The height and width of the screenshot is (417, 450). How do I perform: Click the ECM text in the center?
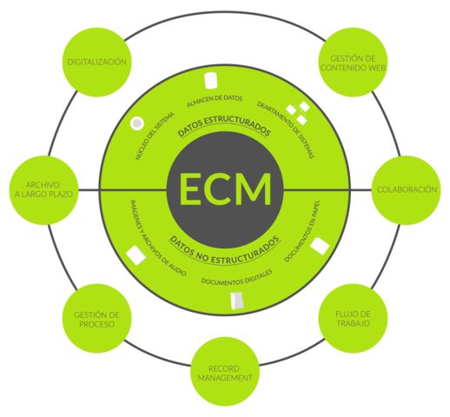pyautogui.click(x=224, y=188)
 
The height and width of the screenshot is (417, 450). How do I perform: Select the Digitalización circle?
pyautogui.click(x=97, y=63)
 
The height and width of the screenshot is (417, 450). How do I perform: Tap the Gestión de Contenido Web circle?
pyautogui.click(x=353, y=62)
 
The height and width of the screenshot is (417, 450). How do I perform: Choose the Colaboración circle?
pyautogui.click(x=406, y=189)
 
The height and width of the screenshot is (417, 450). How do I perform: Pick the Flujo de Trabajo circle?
pyautogui.click(x=353, y=318)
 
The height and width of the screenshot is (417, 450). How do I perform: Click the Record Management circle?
pyautogui.click(x=224, y=371)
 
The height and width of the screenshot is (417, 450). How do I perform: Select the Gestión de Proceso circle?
pyautogui.click(x=96, y=318)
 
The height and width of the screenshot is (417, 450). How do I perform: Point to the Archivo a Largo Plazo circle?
pyautogui.click(x=43, y=189)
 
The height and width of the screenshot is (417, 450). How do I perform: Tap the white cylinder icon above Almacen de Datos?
pyautogui.click(x=209, y=82)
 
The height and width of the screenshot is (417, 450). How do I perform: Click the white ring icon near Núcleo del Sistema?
pyautogui.click(x=136, y=123)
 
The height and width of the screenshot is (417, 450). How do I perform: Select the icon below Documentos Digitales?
pyautogui.click(x=236, y=301)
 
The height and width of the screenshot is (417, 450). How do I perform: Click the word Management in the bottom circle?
pyautogui.click(x=224, y=378)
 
